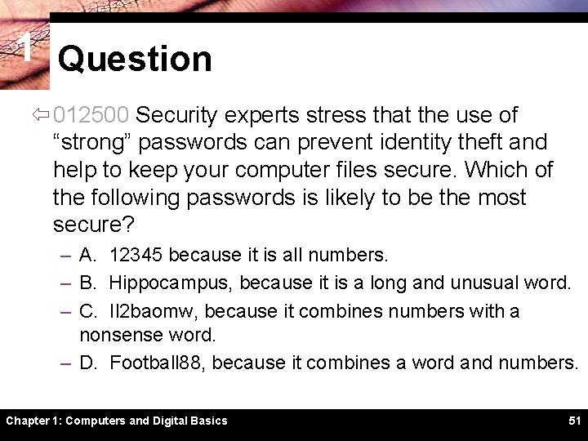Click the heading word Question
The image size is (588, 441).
pos(135,59)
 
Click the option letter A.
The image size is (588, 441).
pos(87,256)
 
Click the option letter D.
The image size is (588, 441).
pos(87,362)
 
